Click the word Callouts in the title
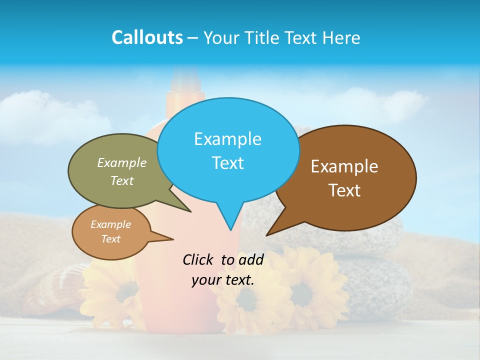[147, 37]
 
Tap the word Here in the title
[342, 37]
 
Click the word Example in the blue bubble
[227, 139]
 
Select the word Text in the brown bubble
[344, 190]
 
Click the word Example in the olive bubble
[121, 163]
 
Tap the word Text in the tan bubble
[110, 239]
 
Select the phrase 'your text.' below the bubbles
[223, 280]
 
